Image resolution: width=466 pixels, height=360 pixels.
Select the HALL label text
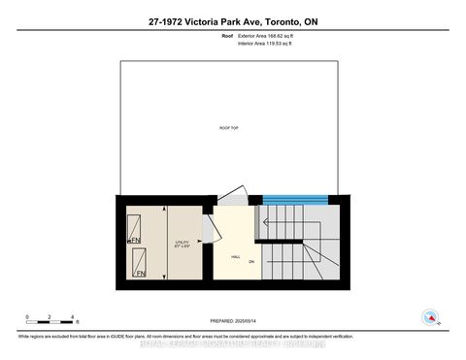click(236, 256)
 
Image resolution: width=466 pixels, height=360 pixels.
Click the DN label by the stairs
click(250, 261)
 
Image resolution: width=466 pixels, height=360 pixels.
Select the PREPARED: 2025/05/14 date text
click(232, 321)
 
